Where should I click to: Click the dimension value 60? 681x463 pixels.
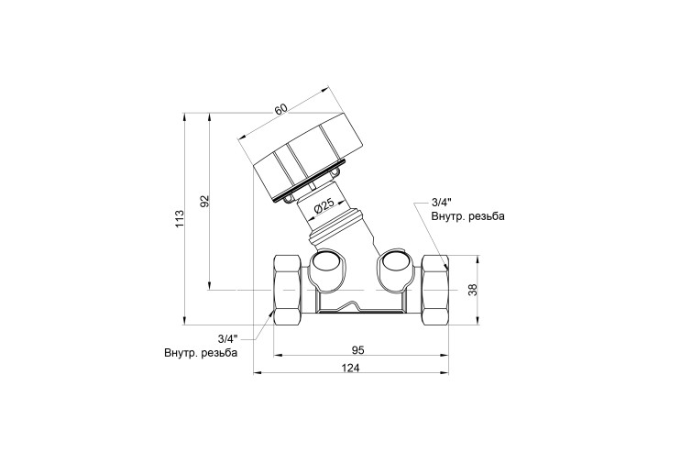click(281, 108)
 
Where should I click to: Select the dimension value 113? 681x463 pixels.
click(181, 218)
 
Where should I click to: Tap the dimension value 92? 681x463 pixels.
click(204, 201)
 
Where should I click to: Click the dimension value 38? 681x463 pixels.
click(473, 290)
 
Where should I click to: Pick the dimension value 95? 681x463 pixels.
click(357, 349)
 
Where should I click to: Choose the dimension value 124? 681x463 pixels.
click(350, 368)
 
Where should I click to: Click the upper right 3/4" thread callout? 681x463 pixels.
click(442, 203)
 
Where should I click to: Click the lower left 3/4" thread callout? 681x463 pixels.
click(228, 338)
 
